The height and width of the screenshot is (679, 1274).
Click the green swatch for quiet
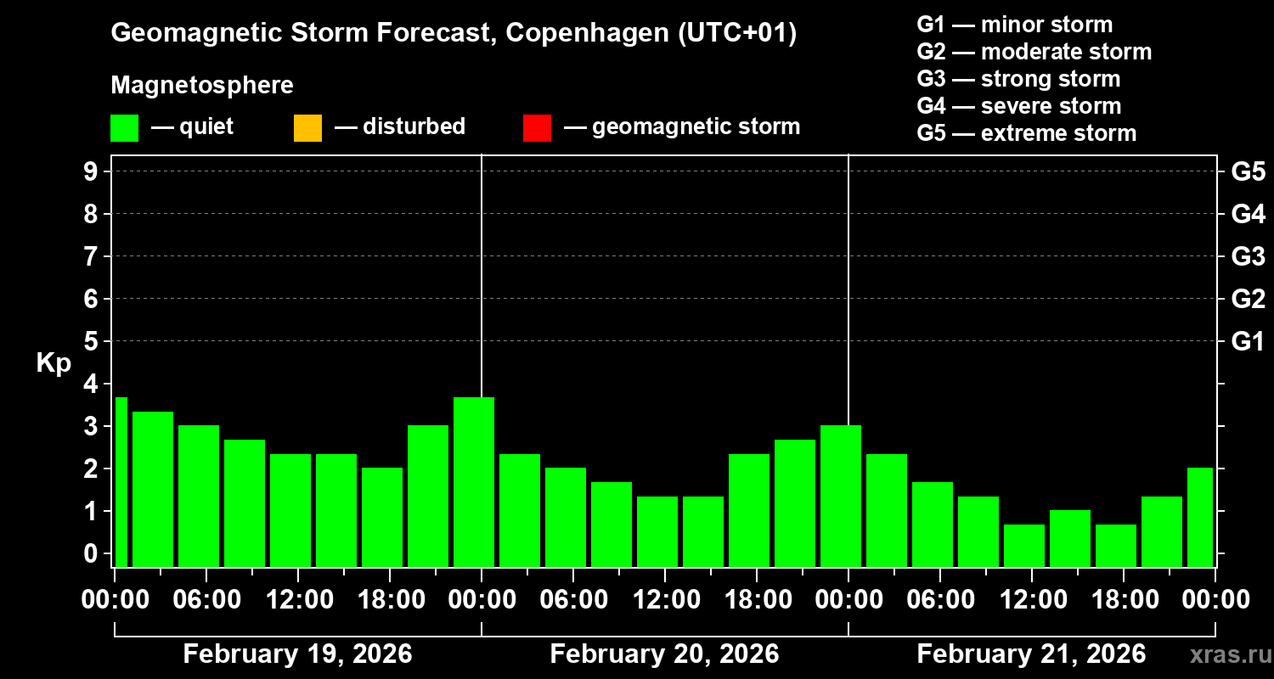(124, 127)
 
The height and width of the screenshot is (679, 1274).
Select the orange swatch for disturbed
(307, 127)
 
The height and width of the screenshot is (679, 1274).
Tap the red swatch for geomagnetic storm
(537, 127)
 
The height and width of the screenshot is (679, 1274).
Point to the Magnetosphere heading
(202, 86)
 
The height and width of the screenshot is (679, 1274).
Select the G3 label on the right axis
(1248, 256)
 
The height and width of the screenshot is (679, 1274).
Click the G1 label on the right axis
(1248, 341)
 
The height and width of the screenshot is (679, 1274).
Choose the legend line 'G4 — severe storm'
(1018, 106)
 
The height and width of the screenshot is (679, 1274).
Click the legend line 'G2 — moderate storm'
(1034, 52)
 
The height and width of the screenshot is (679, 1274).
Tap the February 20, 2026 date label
(664, 654)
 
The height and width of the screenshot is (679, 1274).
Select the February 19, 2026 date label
(297, 654)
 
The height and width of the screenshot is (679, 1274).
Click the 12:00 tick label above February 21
(1032, 600)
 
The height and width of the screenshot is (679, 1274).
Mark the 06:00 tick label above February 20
(573, 600)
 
